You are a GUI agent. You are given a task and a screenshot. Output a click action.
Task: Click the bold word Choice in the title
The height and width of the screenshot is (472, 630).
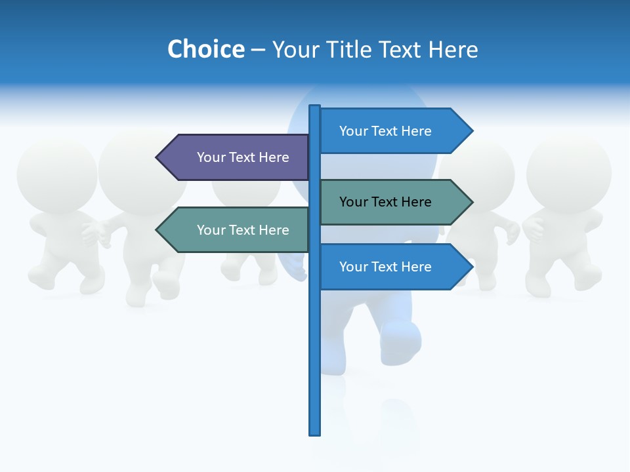pyautogui.click(x=205, y=49)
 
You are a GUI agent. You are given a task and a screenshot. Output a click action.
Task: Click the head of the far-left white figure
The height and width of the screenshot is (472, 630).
pyautogui.click(x=56, y=174)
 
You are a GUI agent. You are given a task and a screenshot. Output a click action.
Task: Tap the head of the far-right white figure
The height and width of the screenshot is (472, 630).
pyautogui.click(x=568, y=172)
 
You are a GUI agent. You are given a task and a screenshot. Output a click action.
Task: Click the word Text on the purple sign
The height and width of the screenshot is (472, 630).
pyautogui.click(x=242, y=157)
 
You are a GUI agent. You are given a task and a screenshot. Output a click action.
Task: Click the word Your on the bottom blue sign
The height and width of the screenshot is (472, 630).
pyautogui.click(x=353, y=267)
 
